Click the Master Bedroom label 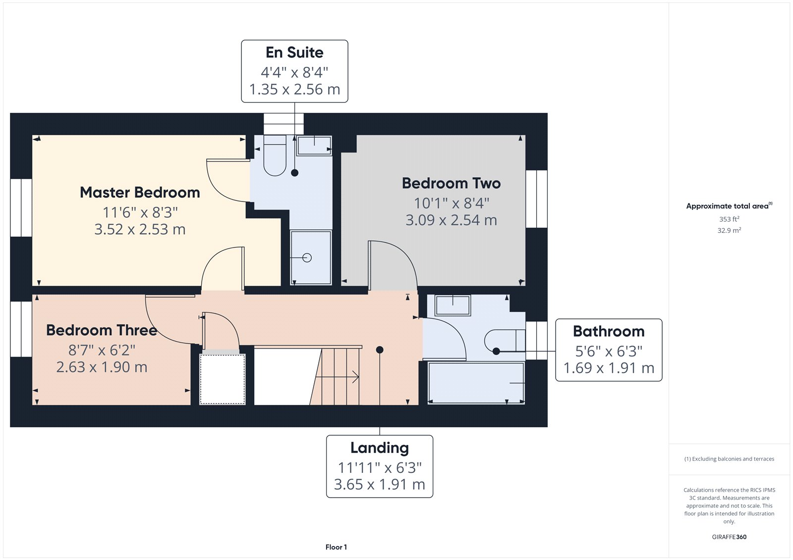pos(140,193)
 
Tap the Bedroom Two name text pos(451,183)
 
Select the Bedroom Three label pos(102,330)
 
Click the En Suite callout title pos(294,52)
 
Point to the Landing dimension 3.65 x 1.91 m pos(379,484)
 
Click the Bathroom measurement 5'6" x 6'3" pos(609,351)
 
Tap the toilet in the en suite pos(275,155)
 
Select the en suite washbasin pos(314,146)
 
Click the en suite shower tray pos(311,257)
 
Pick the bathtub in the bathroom pos(476,383)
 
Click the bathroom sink pos(453,305)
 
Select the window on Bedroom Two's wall pos(537,199)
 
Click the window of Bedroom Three pos(21,329)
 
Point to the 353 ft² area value pos(729,219)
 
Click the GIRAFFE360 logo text pos(729,537)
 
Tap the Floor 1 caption pos(336,547)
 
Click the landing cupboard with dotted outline pos(223,379)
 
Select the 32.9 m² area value pos(729,230)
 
